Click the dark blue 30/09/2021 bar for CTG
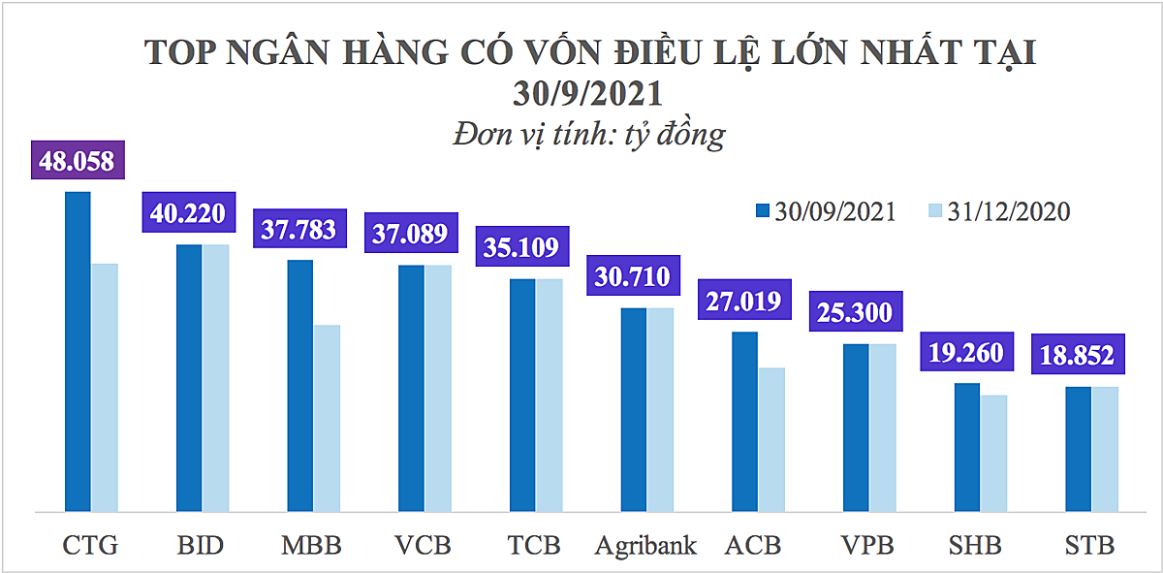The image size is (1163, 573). click(x=78, y=351)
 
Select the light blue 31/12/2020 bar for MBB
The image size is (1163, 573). click(x=327, y=418)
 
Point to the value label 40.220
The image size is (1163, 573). click(x=190, y=211)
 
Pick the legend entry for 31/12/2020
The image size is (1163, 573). click(x=998, y=211)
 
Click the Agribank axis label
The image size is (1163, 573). click(x=646, y=545)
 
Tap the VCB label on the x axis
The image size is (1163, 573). click(x=424, y=545)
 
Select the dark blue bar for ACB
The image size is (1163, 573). click(x=744, y=421)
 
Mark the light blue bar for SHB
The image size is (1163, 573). click(x=994, y=453)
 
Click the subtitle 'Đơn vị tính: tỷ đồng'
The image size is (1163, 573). click(x=588, y=133)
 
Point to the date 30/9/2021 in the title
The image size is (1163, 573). click(x=588, y=94)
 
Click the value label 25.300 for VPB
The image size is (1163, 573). click(x=855, y=312)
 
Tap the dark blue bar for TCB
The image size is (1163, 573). click(x=522, y=395)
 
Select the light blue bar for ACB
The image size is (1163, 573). click(x=771, y=439)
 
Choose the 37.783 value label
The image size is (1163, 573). click(x=299, y=229)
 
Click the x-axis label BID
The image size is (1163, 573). click(x=201, y=545)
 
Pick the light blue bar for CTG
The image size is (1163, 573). click(x=105, y=387)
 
